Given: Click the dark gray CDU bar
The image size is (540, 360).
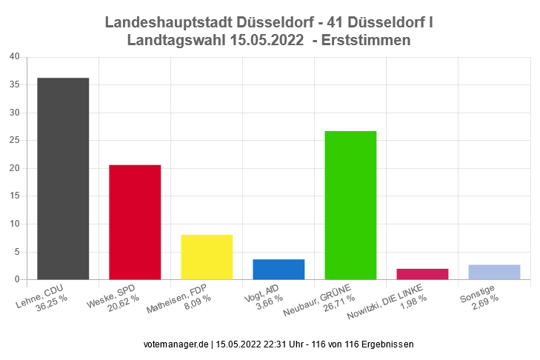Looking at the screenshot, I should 63,179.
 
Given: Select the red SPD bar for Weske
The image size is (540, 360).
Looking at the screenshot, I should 135,222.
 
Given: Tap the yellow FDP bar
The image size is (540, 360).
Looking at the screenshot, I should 207,257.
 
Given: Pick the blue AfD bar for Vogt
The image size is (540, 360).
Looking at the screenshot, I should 279,269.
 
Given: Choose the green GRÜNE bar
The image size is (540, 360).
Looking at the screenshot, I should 350,205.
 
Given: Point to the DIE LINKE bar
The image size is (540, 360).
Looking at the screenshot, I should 422,274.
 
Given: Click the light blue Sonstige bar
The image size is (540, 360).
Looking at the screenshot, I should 494,272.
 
